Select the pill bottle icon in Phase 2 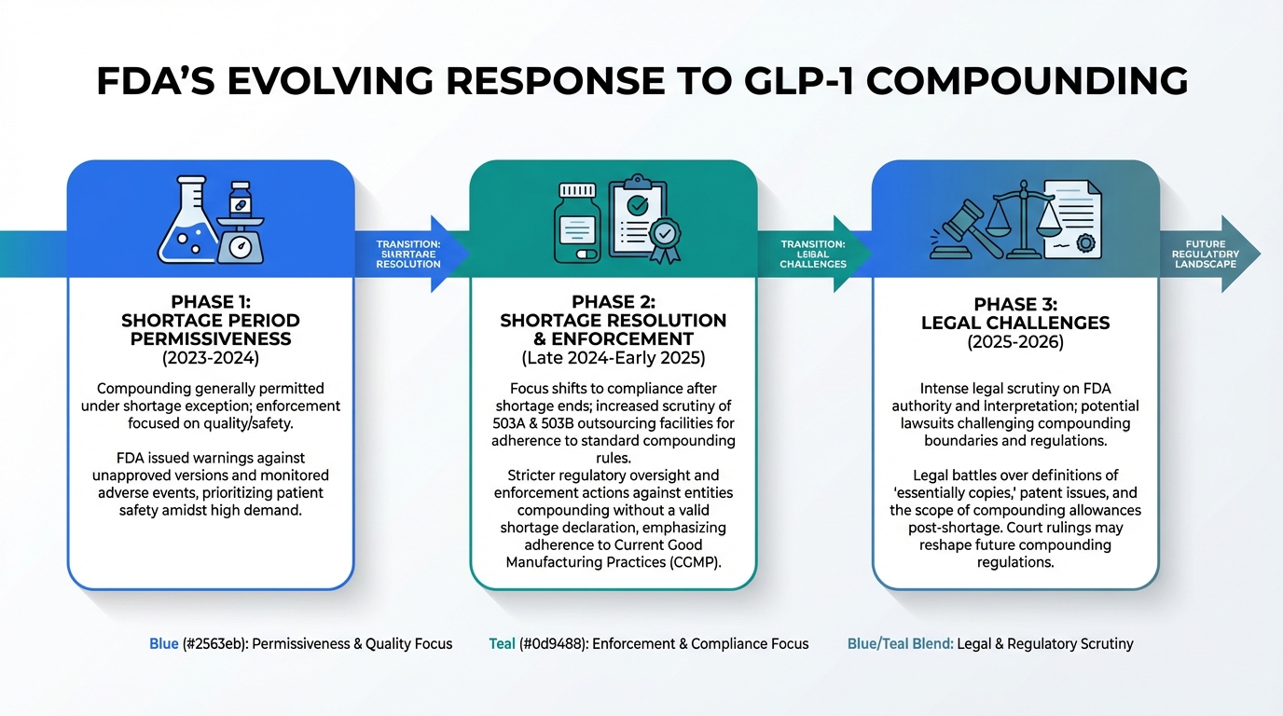576,222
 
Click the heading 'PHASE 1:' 210,302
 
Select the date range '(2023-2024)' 210,358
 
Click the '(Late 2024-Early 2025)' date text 613,358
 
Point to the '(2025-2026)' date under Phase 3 1015,342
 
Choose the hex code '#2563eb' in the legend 214,643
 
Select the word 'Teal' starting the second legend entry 502,643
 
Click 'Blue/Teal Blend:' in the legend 901,643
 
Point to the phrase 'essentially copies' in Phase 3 953,493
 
